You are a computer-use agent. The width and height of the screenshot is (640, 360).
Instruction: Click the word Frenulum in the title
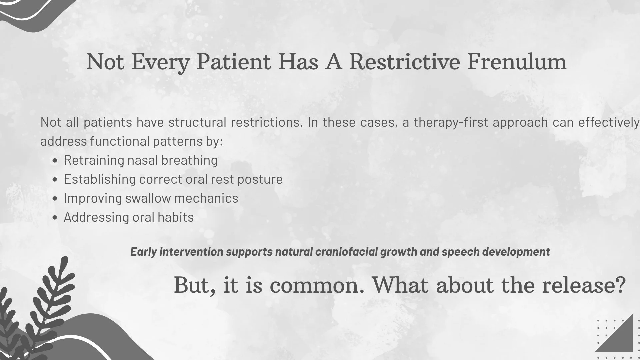point(517,62)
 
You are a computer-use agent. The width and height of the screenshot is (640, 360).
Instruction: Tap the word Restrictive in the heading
point(405,62)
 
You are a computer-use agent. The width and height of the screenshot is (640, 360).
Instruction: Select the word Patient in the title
point(234,62)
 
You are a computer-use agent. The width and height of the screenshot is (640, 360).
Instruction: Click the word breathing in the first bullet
point(189,161)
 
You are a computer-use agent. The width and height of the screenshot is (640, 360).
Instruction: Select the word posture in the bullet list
point(260,180)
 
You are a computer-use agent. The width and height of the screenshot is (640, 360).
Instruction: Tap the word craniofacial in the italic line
point(346,252)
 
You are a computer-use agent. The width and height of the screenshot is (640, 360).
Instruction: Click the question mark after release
point(620,286)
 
